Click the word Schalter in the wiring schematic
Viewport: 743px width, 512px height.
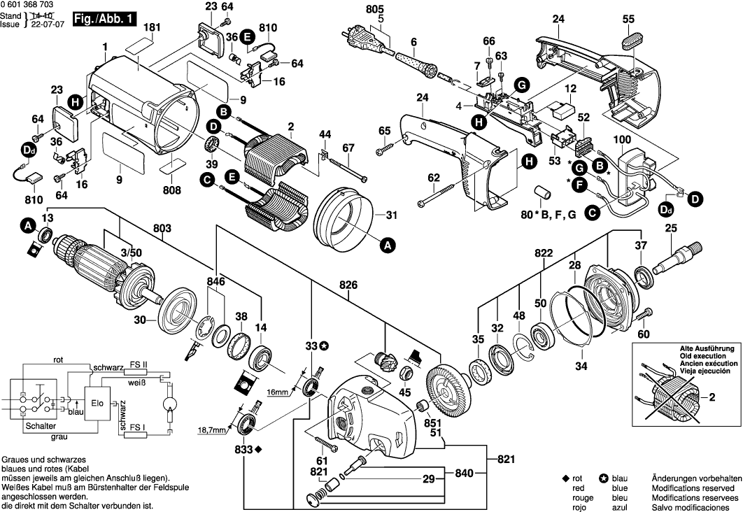(41, 426)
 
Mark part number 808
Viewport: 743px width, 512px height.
(171, 190)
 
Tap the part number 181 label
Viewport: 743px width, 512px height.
(148, 28)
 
